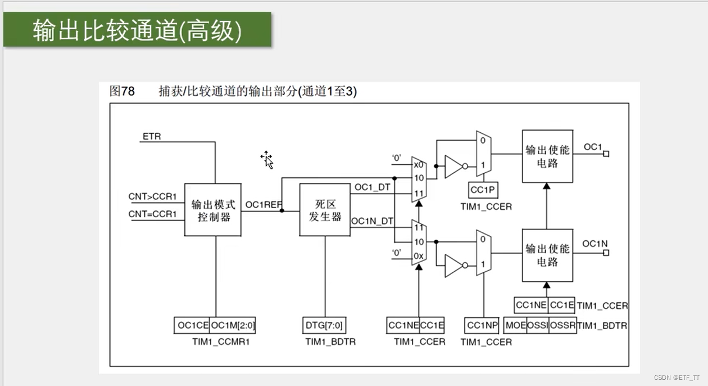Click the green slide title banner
click(x=137, y=29)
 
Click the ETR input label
click(x=152, y=136)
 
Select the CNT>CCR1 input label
click(x=152, y=197)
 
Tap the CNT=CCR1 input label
click(x=152, y=214)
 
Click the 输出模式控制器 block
click(x=213, y=210)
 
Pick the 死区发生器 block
click(x=324, y=209)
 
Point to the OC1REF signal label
click(x=263, y=204)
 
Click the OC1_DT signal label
click(x=372, y=187)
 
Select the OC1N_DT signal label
click(x=372, y=221)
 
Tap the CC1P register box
click(x=483, y=190)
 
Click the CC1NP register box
click(x=482, y=325)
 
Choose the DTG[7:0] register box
click(x=324, y=325)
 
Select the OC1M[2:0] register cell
click(x=233, y=325)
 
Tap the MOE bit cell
click(x=516, y=325)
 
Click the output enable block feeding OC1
click(x=547, y=156)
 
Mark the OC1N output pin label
click(x=595, y=244)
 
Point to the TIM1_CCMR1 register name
click(x=217, y=342)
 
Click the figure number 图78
click(x=122, y=91)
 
